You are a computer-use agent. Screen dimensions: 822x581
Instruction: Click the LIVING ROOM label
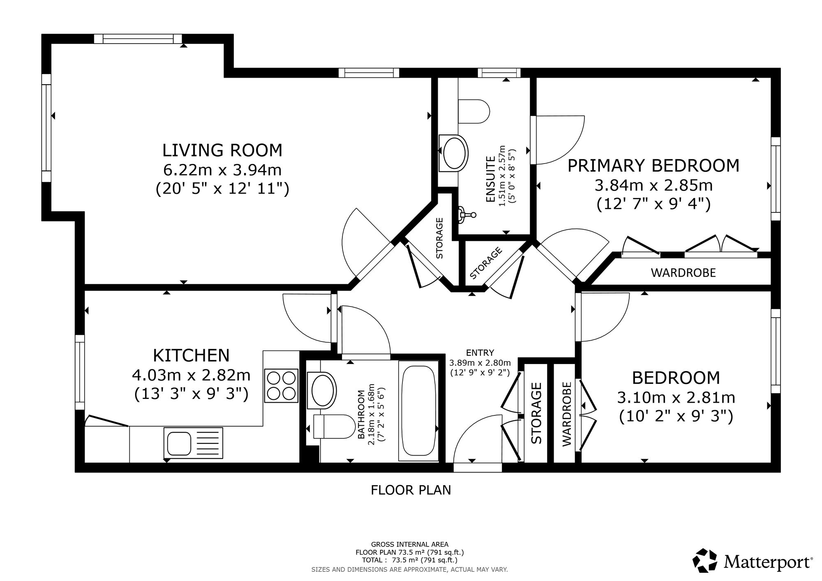pyautogui.click(x=222, y=150)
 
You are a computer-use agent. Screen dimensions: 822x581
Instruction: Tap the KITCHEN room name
pyautogui.click(x=191, y=355)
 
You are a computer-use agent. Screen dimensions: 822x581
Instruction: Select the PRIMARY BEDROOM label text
pyautogui.click(x=653, y=166)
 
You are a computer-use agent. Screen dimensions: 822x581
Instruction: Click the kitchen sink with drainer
pyautogui.click(x=193, y=442)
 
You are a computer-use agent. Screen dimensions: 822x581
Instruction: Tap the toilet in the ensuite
pyautogui.click(x=474, y=111)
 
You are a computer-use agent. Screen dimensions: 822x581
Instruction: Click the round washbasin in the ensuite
pyautogui.click(x=454, y=152)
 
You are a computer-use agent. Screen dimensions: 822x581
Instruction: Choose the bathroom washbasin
pyautogui.click(x=322, y=390)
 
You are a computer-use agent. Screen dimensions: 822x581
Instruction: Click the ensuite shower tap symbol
pyautogui.click(x=467, y=214)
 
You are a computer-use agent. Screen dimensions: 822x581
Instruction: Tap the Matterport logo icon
pyautogui.click(x=706, y=560)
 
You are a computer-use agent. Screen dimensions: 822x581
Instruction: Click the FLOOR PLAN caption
pyautogui.click(x=411, y=490)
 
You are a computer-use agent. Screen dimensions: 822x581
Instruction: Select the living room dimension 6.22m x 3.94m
pyautogui.click(x=222, y=169)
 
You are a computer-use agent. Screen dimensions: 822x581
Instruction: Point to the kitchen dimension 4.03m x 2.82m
pyautogui.click(x=191, y=375)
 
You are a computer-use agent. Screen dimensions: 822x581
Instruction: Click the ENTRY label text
pyautogui.click(x=480, y=353)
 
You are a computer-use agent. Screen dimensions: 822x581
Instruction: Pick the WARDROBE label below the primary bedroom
pyautogui.click(x=683, y=273)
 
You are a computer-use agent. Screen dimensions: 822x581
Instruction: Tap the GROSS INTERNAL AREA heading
pyautogui.click(x=410, y=544)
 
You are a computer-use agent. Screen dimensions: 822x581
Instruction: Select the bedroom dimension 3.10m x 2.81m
pyautogui.click(x=676, y=398)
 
